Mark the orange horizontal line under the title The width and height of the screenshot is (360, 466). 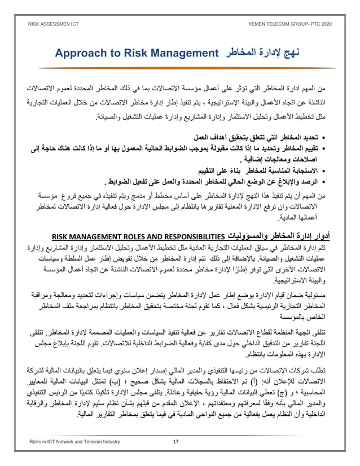[180, 68]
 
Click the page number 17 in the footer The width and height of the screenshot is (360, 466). [175, 441]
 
